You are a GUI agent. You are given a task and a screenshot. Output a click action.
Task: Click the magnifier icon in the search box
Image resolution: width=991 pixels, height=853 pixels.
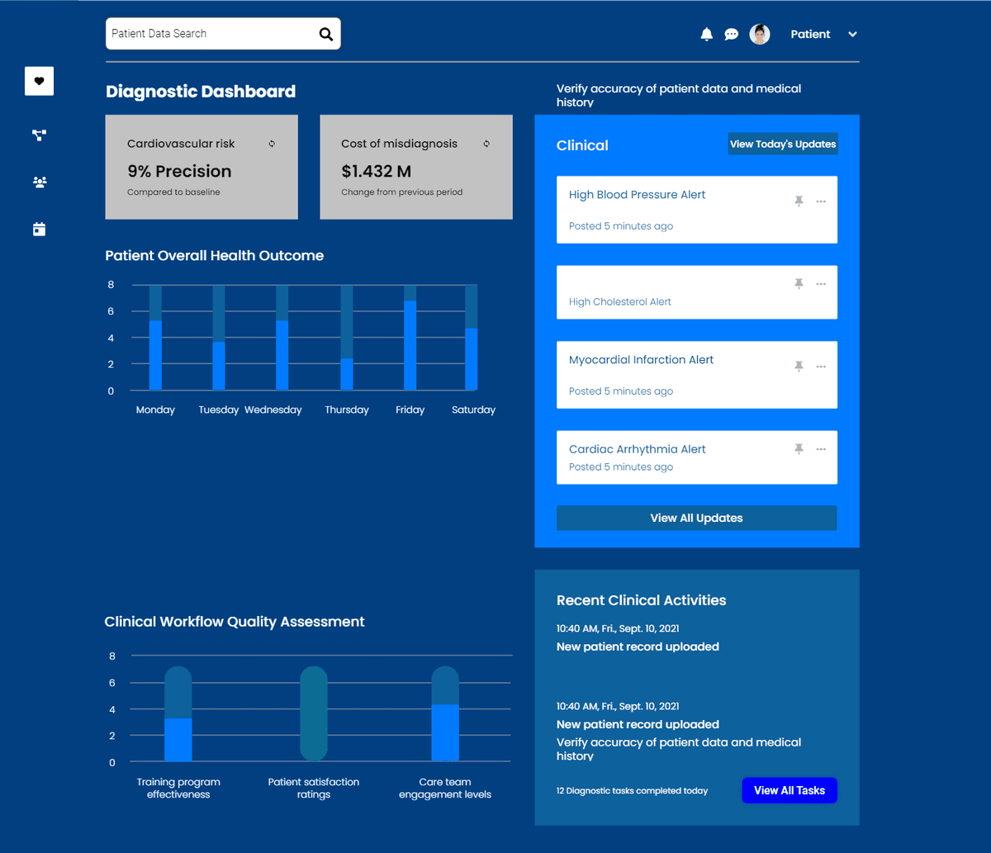(x=326, y=34)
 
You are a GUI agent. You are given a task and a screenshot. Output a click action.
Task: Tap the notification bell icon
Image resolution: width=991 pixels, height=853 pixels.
(x=706, y=34)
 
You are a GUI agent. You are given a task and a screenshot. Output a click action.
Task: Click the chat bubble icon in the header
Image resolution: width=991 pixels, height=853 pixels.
(x=731, y=34)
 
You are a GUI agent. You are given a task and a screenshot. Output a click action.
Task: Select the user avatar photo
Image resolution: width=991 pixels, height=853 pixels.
(x=760, y=34)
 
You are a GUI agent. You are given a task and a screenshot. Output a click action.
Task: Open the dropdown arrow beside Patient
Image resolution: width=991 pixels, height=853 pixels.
(x=853, y=35)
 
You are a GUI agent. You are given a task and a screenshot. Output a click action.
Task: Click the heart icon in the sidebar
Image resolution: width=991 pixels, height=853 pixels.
(x=39, y=81)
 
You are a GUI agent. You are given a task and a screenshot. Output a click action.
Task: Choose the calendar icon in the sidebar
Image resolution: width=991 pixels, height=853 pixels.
(x=39, y=230)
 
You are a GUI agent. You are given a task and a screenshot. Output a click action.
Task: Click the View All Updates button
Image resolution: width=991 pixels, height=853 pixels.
(x=696, y=518)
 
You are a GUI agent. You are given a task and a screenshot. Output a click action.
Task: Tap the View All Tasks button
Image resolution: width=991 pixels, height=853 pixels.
(x=789, y=790)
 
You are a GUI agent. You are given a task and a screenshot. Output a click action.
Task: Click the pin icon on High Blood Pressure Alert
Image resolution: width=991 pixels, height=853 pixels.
(x=799, y=201)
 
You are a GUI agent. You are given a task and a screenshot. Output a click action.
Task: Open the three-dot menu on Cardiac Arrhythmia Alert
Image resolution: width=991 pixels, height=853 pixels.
(x=821, y=449)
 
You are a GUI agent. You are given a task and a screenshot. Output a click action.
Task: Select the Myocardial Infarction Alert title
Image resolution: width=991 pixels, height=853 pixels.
(x=641, y=360)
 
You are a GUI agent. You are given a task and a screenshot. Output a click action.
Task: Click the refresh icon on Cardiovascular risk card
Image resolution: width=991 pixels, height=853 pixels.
(x=272, y=144)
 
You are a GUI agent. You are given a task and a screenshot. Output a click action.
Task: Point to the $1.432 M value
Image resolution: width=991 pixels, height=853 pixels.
(x=376, y=172)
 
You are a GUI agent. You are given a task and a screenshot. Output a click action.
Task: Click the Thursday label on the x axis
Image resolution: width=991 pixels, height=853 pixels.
(x=347, y=410)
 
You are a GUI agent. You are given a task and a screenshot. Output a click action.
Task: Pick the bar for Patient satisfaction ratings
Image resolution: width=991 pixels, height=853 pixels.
(x=314, y=713)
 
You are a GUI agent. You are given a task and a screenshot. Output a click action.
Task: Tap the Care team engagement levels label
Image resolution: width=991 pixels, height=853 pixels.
(x=445, y=788)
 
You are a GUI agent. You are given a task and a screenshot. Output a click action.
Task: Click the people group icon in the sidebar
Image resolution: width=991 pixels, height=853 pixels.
(x=39, y=182)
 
